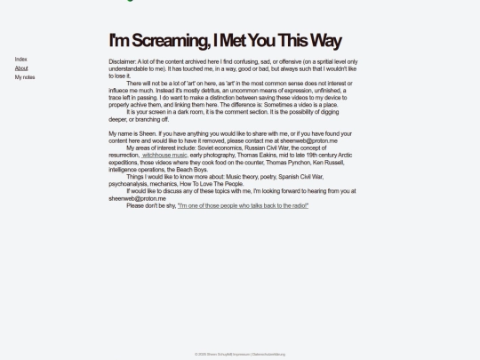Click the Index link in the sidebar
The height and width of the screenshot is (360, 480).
pos(20,60)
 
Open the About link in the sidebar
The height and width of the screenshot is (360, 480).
pos(21,68)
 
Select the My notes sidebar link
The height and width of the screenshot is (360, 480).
pos(25,77)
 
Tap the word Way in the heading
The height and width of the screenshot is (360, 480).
pos(324,41)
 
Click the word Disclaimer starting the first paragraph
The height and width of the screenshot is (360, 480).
pos(123,61)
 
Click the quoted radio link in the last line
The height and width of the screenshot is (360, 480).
pos(244,205)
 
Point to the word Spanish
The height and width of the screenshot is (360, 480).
pos(287,176)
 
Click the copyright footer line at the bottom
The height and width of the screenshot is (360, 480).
pos(240,354)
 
